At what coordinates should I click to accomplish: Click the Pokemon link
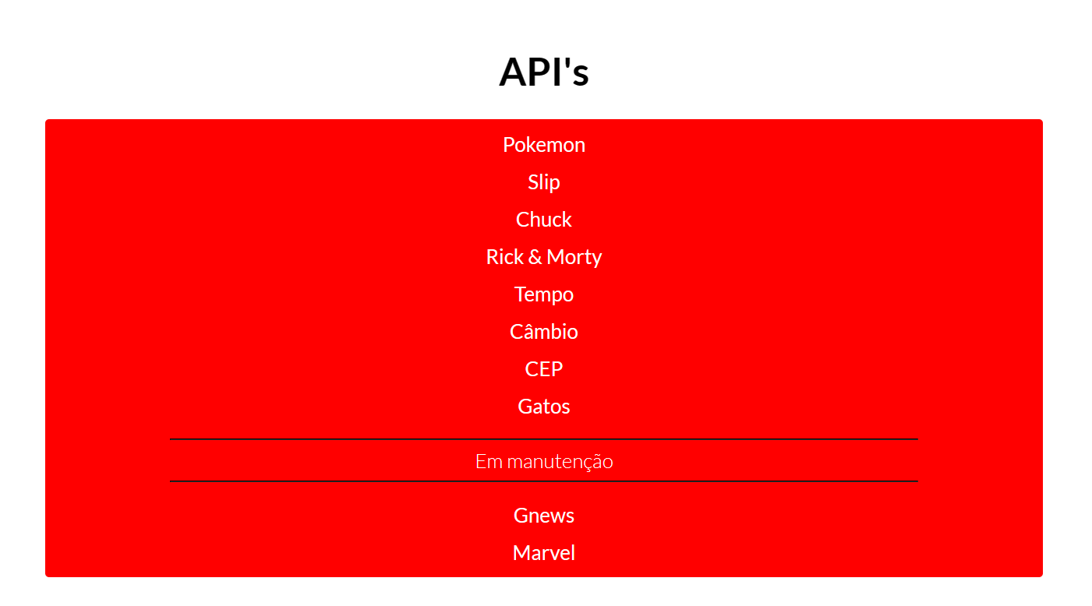[543, 145]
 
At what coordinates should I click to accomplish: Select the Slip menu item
[543, 182]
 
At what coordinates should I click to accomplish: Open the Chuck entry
[543, 220]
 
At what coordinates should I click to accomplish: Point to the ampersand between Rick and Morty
[535, 257]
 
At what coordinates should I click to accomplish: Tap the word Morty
[574, 257]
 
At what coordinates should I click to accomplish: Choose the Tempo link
[543, 294]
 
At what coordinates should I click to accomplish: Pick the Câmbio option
[543, 332]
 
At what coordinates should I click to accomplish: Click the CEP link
[543, 369]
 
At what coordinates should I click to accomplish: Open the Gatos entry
[543, 407]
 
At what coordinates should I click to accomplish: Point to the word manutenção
[560, 462]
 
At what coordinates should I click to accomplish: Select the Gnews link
[543, 516]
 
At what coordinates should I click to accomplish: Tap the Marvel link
[543, 553]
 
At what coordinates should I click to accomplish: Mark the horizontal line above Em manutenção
[543, 439]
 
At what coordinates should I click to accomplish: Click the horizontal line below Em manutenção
[543, 481]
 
